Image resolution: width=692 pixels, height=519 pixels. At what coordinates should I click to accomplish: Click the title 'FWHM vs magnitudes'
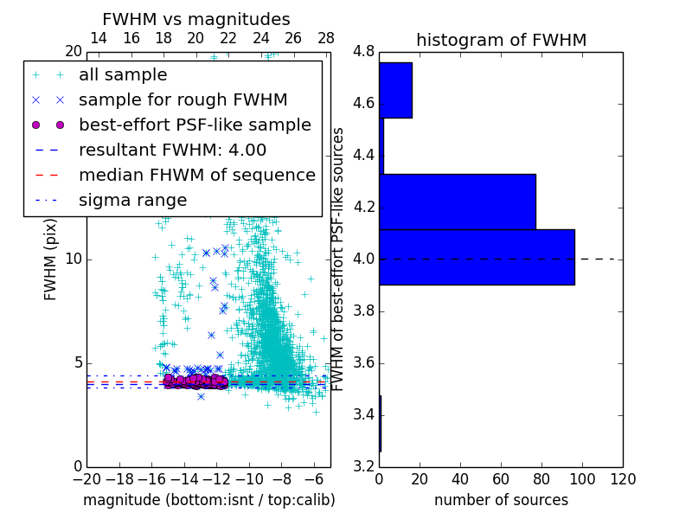click(196, 19)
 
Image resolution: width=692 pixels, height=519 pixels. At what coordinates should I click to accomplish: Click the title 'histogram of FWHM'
click(501, 40)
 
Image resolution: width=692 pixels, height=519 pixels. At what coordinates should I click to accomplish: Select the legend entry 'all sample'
click(123, 75)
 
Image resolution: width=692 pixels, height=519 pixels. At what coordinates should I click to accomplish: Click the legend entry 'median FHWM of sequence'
click(196, 175)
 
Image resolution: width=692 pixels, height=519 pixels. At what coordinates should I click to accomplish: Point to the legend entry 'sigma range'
click(132, 200)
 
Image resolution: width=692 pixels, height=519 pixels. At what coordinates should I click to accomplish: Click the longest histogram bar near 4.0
click(477, 257)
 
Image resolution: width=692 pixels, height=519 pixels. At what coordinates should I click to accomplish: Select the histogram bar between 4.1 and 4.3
click(457, 202)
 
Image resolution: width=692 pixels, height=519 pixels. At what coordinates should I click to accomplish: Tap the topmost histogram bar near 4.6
click(395, 90)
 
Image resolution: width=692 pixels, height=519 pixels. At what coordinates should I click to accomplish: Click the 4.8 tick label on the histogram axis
click(364, 52)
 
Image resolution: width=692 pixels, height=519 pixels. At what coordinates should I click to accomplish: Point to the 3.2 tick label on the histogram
click(364, 466)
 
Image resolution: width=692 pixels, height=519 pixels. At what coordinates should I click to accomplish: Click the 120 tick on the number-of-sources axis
click(623, 479)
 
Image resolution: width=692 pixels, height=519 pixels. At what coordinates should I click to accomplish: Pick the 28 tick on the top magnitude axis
click(326, 38)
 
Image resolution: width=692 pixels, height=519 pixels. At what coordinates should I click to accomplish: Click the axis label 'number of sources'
click(501, 500)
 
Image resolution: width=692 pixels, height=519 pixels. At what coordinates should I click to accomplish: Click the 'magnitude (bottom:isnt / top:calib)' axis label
click(208, 500)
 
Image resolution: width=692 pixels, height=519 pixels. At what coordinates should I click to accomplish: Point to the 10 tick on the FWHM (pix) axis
click(74, 259)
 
